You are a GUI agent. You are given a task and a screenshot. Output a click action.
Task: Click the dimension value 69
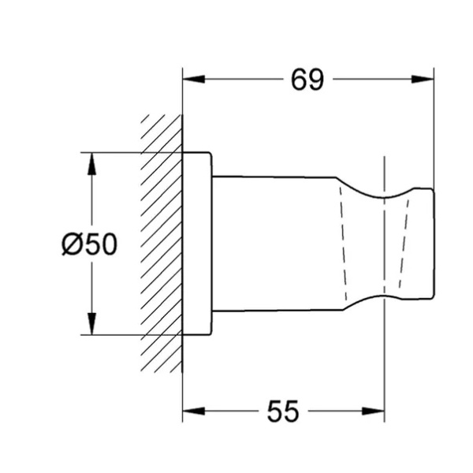click(307, 80)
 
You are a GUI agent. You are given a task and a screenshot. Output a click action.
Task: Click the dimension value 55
click(283, 411)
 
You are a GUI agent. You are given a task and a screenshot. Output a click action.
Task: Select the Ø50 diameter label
click(89, 244)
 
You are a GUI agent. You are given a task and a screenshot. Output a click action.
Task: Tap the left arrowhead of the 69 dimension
click(194, 80)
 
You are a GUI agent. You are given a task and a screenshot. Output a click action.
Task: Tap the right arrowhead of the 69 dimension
click(423, 80)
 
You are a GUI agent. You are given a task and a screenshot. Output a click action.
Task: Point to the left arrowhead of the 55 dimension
click(194, 411)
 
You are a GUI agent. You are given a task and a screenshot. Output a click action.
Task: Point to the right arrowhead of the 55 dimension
click(373, 411)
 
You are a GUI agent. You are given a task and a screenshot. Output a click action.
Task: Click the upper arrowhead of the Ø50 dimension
click(91, 164)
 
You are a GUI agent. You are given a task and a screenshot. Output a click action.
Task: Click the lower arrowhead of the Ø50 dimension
click(91, 323)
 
